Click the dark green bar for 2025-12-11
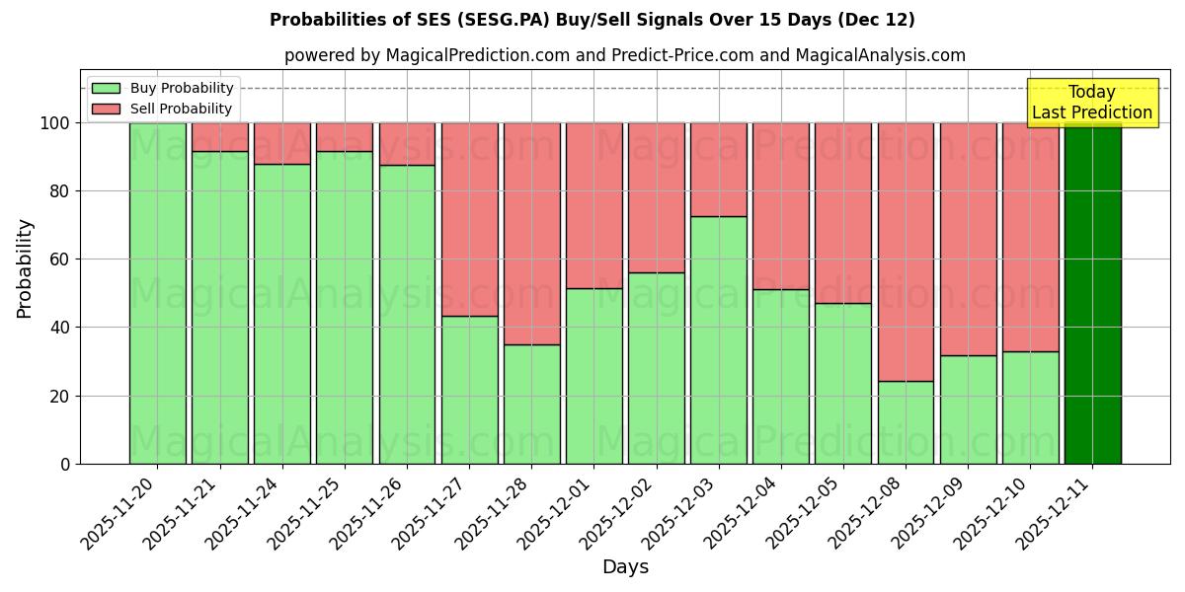point(1092,293)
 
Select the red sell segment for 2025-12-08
point(906,252)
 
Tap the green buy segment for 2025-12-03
point(719,339)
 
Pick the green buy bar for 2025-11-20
point(157,293)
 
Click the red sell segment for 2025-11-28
point(531,233)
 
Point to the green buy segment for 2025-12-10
point(1030,407)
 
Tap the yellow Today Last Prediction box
point(1092,103)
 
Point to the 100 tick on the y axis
point(54,123)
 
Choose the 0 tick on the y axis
point(64,464)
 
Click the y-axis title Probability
point(26,268)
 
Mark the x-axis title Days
point(625,567)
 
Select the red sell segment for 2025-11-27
point(469,219)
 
